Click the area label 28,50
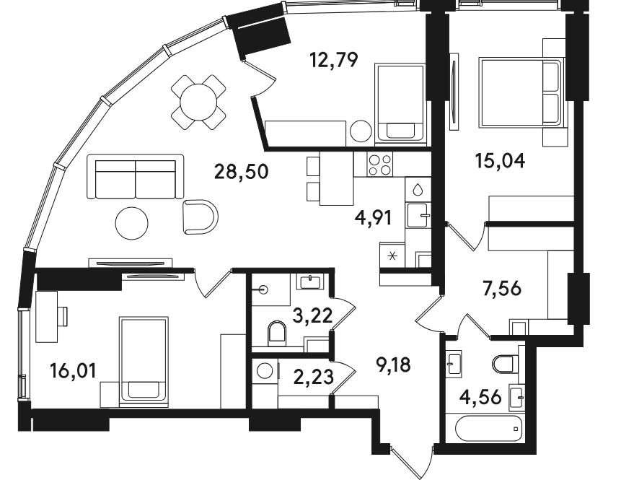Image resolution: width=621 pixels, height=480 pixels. click(x=241, y=172)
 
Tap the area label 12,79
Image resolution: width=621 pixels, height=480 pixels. click(x=334, y=60)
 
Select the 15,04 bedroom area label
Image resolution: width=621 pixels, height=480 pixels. click(x=501, y=161)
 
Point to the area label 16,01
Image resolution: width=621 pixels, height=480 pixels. click(x=74, y=371)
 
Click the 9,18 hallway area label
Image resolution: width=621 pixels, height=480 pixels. click(x=393, y=365)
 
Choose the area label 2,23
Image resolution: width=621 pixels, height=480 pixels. click(x=314, y=377)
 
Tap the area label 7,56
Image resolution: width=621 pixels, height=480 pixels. click(x=502, y=288)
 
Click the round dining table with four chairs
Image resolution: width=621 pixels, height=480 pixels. click(x=198, y=102)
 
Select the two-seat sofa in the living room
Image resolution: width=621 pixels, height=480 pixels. click(x=136, y=176)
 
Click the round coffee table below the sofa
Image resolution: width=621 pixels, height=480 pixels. click(x=132, y=223)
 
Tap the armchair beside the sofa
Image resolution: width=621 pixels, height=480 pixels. click(x=201, y=217)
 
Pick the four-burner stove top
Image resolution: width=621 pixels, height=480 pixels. click(x=380, y=165)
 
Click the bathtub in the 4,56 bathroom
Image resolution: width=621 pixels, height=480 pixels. click(x=489, y=429)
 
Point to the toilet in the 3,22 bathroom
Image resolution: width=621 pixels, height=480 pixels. click(x=277, y=332)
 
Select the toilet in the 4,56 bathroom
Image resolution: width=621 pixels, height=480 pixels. click(x=503, y=363)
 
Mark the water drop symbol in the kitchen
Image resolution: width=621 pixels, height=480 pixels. click(x=418, y=190)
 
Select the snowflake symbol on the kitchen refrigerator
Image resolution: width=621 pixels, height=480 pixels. click(x=392, y=256)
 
